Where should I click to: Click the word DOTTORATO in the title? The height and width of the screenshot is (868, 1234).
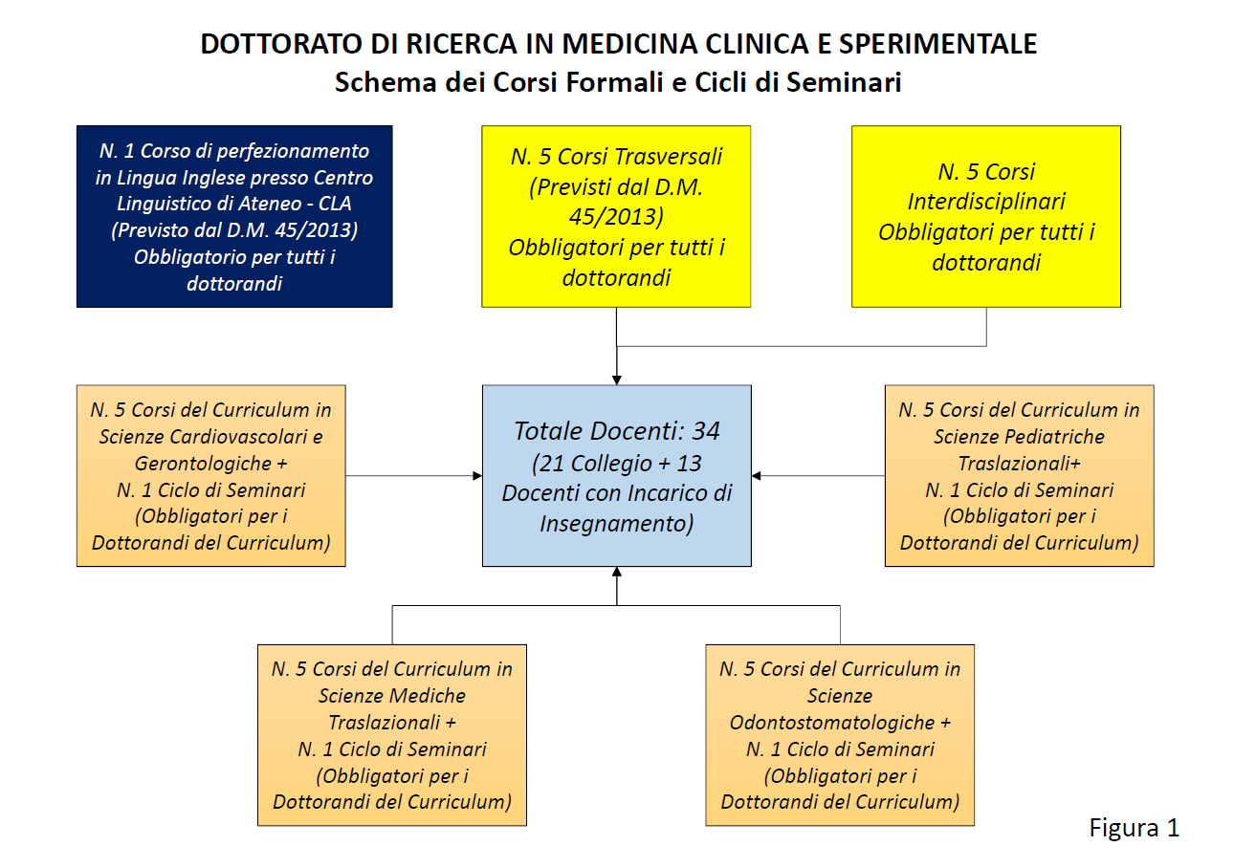(281, 44)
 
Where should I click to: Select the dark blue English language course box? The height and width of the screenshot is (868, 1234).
(234, 216)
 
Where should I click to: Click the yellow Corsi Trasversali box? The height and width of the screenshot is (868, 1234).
(616, 216)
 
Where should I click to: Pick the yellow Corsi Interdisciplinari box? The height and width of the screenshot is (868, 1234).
(986, 216)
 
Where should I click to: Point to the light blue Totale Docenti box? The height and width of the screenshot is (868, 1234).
(617, 475)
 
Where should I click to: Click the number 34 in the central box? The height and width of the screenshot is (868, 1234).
(706, 431)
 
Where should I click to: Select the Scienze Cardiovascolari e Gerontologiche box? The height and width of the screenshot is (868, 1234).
(211, 475)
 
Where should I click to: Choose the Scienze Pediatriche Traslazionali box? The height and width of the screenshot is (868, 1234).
(1019, 475)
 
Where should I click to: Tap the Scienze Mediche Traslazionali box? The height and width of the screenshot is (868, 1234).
(392, 735)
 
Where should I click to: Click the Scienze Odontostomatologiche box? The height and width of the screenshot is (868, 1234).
(840, 735)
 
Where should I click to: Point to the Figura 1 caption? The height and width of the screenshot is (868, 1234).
(1135, 828)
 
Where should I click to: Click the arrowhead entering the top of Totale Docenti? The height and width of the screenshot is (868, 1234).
(617, 380)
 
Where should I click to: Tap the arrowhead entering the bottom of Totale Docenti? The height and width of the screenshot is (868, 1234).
(617, 572)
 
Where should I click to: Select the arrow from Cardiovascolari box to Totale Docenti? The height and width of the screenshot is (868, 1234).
(414, 475)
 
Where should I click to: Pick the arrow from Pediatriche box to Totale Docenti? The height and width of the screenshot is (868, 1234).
(818, 475)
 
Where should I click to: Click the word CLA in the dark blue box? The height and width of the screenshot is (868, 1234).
(335, 204)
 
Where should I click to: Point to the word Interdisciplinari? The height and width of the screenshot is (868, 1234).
(986, 202)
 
